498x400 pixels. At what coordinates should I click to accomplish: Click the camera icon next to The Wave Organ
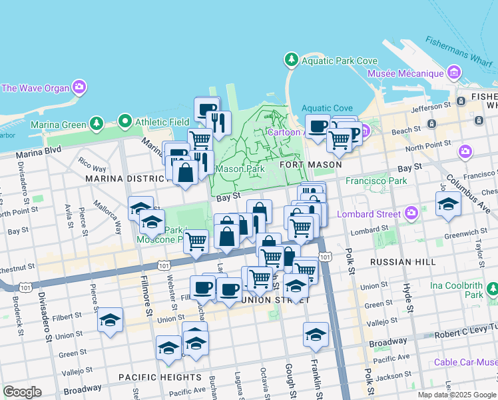79,87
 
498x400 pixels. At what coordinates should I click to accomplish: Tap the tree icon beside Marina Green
97,123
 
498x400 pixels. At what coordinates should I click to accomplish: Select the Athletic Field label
162,122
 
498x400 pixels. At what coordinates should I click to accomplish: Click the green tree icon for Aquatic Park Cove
291,60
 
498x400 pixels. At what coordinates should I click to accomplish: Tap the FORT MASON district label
310,164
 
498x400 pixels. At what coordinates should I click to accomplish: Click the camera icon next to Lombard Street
411,213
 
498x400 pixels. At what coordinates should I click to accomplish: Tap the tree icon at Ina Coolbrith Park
492,289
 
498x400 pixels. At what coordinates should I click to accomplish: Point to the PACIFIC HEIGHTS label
151,377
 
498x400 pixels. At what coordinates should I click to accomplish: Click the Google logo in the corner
22,392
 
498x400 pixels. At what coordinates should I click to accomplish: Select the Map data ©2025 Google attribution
457,395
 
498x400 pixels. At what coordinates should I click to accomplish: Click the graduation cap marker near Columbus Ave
448,204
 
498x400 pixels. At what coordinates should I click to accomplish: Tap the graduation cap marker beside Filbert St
111,320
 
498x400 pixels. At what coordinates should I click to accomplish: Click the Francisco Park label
375,181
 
